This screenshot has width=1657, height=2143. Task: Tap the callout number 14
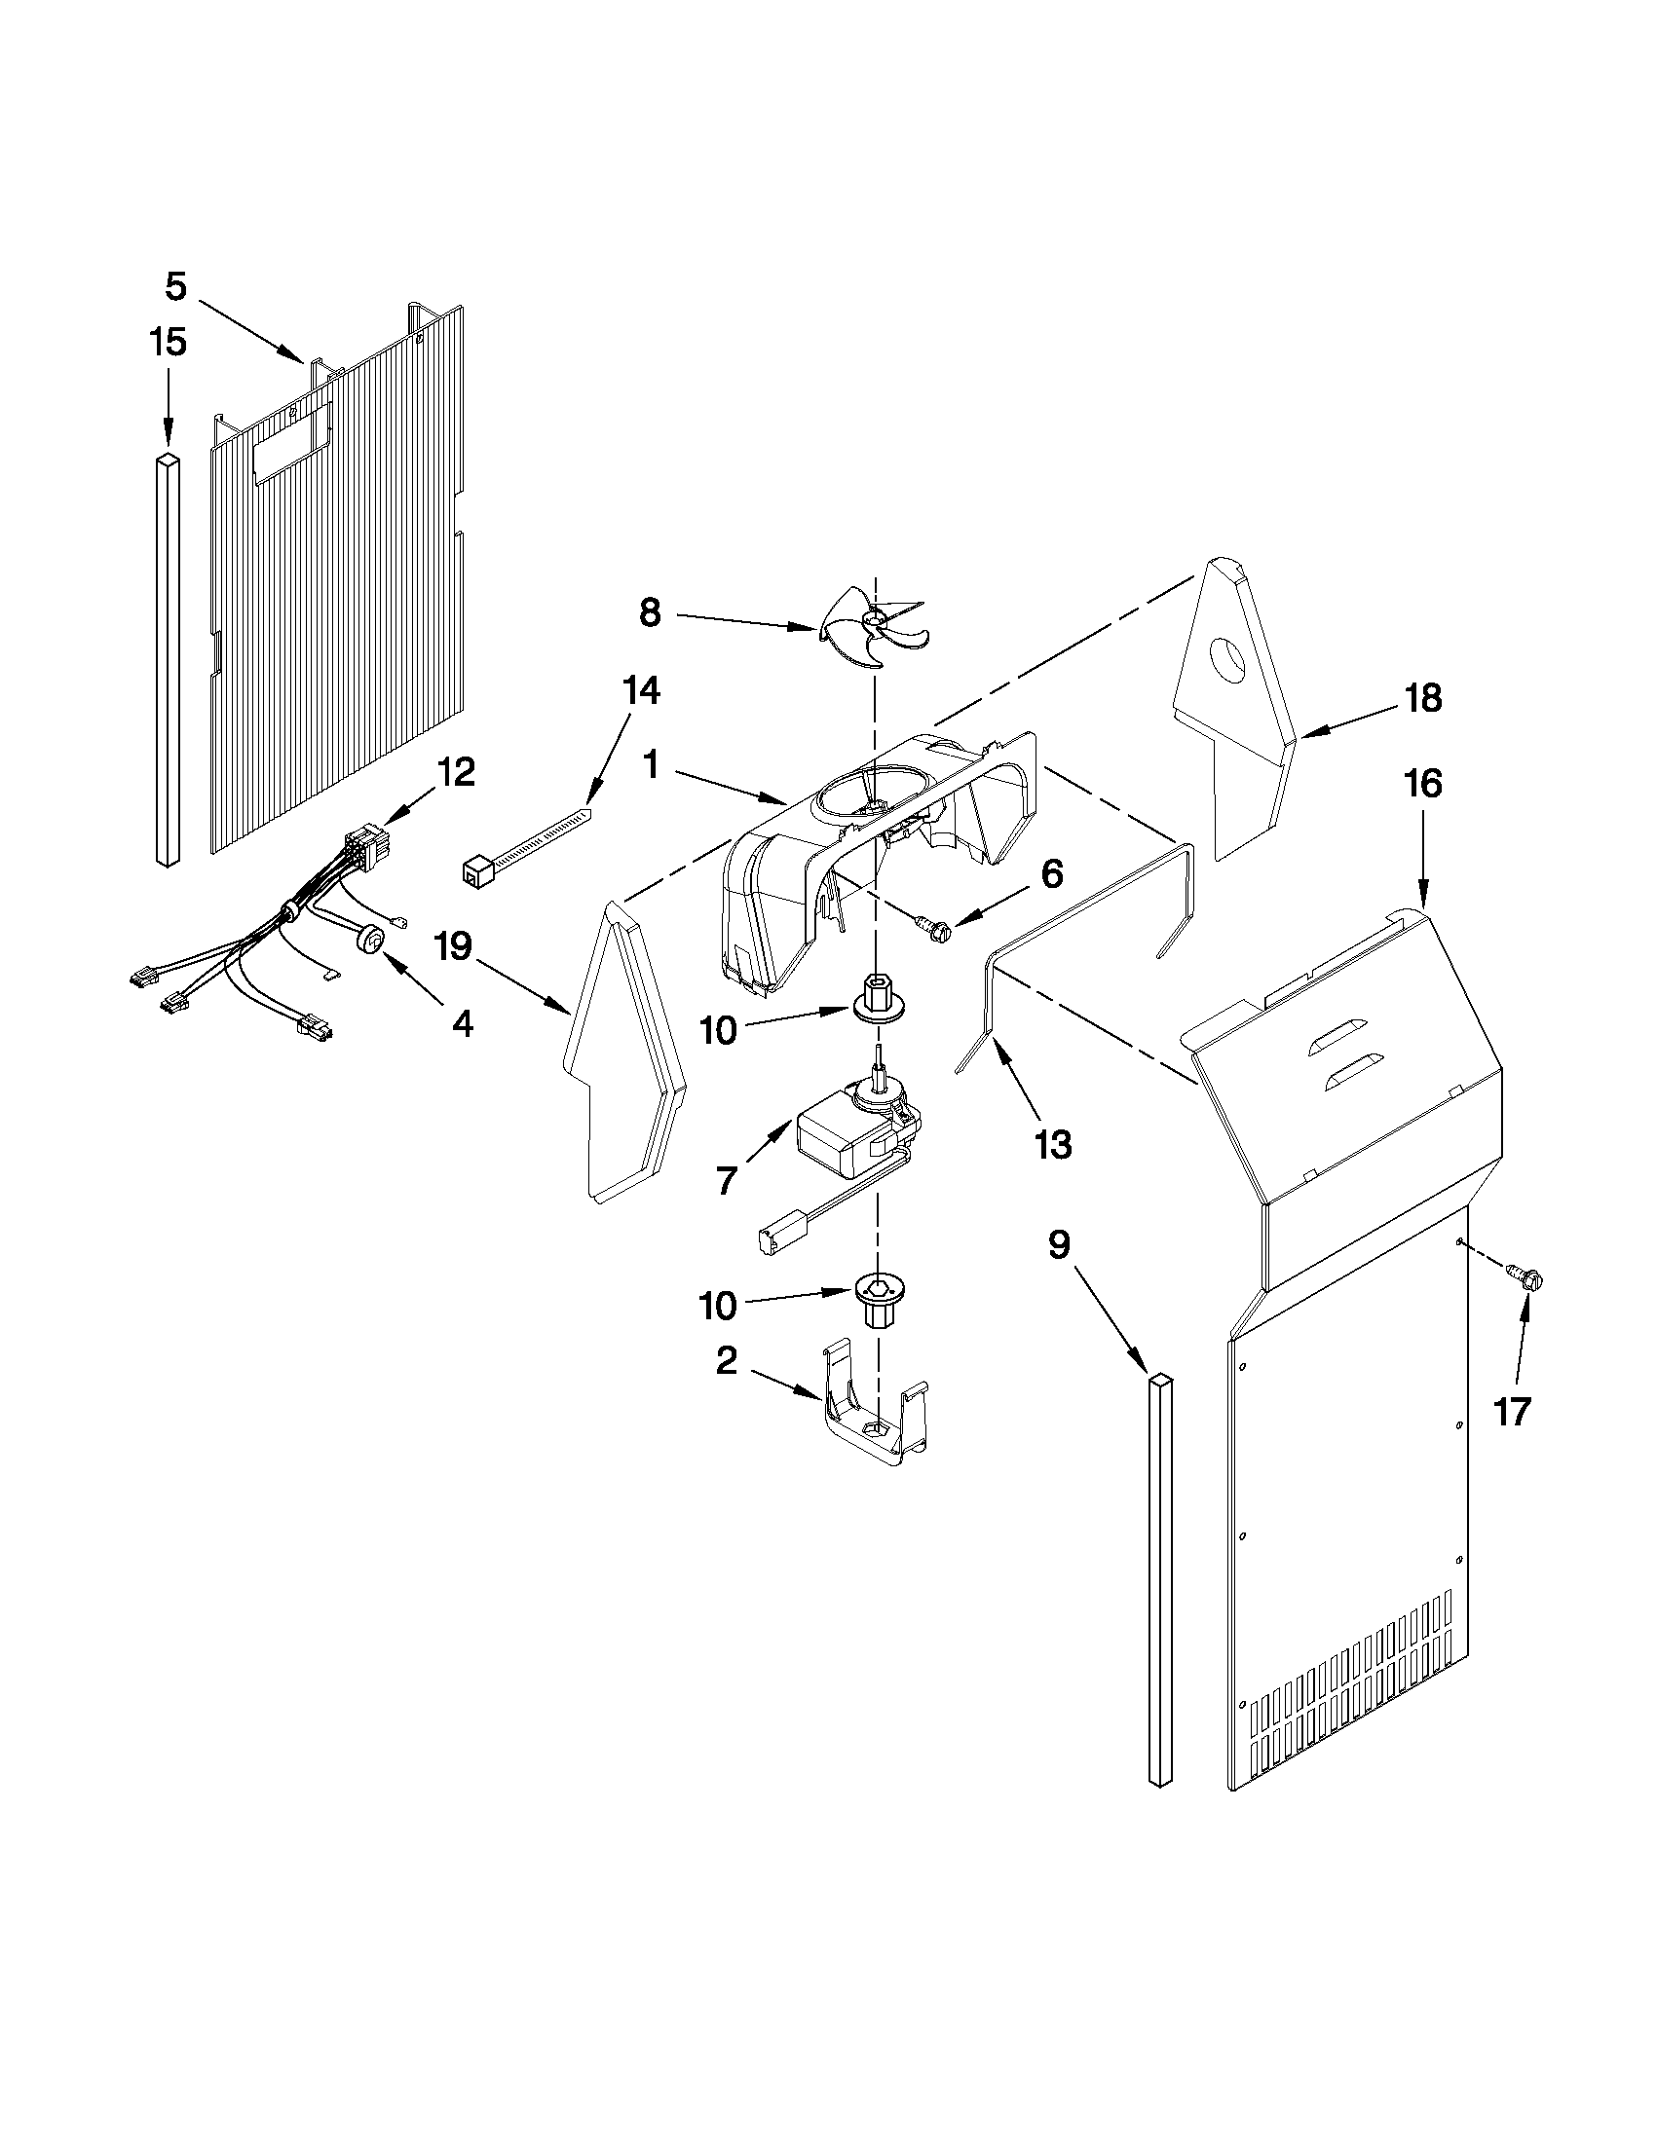[640, 691]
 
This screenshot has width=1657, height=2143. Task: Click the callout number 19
[455, 947]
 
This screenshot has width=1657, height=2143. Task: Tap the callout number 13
[1052, 1144]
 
